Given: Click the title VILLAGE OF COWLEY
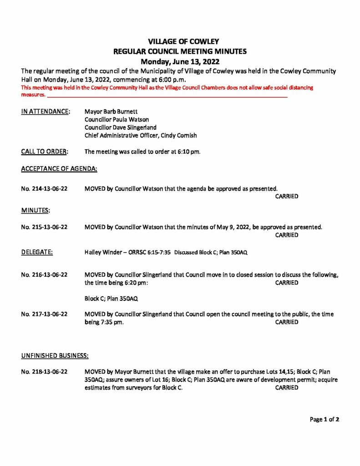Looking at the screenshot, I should pyautogui.click(x=180, y=41).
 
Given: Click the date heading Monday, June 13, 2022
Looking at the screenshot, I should pyautogui.click(x=180, y=61).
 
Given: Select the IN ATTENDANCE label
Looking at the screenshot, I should pyautogui.click(x=46, y=111).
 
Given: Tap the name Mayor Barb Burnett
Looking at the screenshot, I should pyautogui.click(x=111, y=111).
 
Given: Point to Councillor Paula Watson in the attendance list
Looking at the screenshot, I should pyautogui.click(x=117, y=119).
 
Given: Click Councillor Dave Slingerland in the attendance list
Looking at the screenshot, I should pyautogui.click(x=121, y=127).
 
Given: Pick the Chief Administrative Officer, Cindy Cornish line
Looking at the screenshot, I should pyautogui.click(x=141, y=136).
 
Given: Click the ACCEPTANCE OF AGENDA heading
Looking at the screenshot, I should pyautogui.click(x=59, y=168).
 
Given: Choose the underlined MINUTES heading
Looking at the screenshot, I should pyautogui.click(x=35, y=211).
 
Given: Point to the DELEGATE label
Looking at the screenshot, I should pyautogui.click(x=37, y=252).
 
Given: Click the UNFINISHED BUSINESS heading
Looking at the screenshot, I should pyautogui.click(x=55, y=355).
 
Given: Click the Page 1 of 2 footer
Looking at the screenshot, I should pyautogui.click(x=325, y=420).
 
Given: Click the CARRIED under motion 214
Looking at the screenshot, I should pyautogui.click(x=287, y=197).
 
